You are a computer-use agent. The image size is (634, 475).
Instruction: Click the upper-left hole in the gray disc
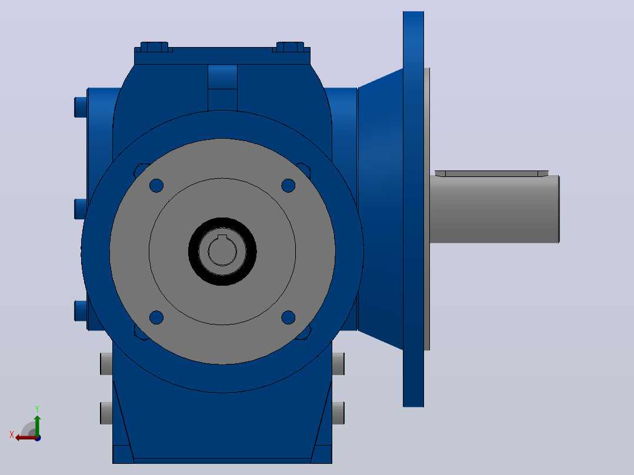pyautogui.click(x=156, y=186)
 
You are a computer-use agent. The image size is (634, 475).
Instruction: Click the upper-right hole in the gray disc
pyautogui.click(x=288, y=186)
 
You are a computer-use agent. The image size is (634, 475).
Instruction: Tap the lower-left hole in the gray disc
pyautogui.click(x=156, y=317)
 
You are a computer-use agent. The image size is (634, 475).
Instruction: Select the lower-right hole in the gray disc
pyautogui.click(x=288, y=317)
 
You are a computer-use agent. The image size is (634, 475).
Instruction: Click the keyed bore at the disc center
pyautogui.click(x=222, y=250)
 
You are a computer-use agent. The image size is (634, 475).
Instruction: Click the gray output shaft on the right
pyautogui.click(x=495, y=209)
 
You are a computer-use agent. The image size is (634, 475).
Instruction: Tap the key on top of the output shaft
pyautogui.click(x=492, y=173)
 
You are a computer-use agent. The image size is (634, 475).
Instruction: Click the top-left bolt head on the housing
pyautogui.click(x=154, y=47)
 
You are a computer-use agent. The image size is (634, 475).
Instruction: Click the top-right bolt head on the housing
pyautogui.click(x=290, y=47)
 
